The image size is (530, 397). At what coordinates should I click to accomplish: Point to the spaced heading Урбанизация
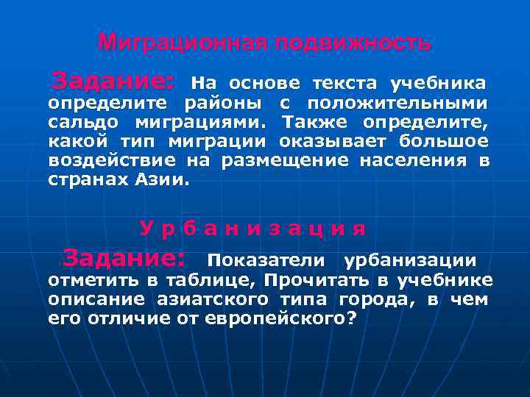(x=253, y=228)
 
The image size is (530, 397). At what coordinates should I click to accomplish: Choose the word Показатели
(x=266, y=260)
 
